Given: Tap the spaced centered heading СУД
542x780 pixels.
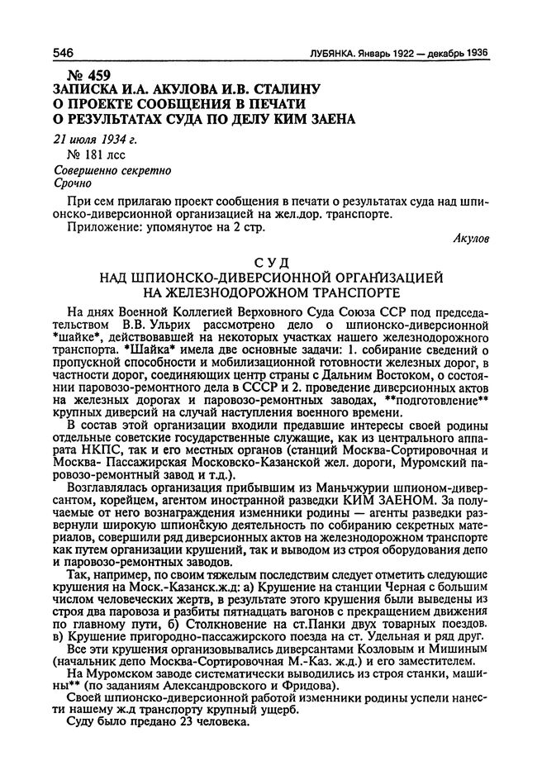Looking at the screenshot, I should (x=272, y=264).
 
